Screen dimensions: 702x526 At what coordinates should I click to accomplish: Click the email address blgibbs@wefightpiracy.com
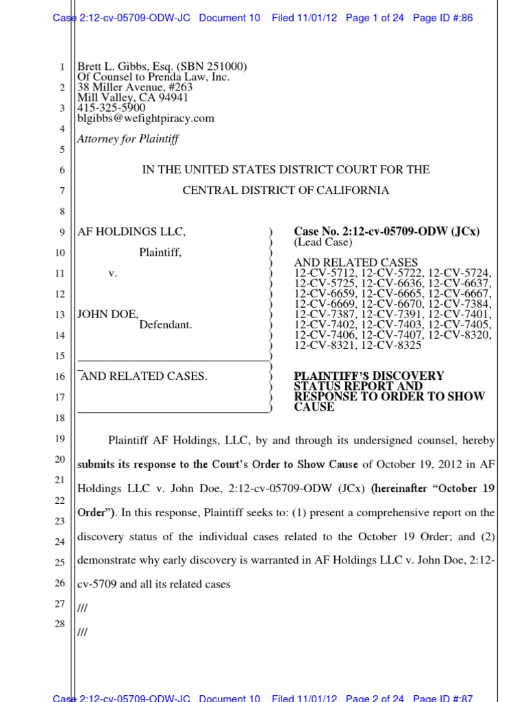(x=145, y=118)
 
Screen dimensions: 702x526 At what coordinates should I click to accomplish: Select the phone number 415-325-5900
(x=111, y=108)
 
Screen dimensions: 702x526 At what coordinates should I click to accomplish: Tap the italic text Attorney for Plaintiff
(x=127, y=139)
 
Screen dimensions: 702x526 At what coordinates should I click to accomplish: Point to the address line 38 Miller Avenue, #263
(x=135, y=87)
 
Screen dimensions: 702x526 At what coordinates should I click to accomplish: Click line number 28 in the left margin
(x=59, y=624)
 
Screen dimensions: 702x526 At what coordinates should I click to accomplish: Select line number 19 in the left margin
(x=59, y=439)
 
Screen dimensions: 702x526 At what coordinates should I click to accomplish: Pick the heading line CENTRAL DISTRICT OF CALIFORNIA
(x=286, y=191)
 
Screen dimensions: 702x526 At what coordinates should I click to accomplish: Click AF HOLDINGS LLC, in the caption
(x=131, y=232)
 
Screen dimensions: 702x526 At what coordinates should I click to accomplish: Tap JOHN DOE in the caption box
(x=108, y=315)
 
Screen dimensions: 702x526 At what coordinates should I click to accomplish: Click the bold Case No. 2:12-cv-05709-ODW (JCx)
(x=386, y=232)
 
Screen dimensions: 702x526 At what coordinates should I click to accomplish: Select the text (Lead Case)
(x=323, y=242)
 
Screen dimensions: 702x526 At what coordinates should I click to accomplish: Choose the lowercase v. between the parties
(x=113, y=274)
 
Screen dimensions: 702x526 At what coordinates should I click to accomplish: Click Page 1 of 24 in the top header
(x=375, y=18)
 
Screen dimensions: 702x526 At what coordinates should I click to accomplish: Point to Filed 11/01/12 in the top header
(x=304, y=18)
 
